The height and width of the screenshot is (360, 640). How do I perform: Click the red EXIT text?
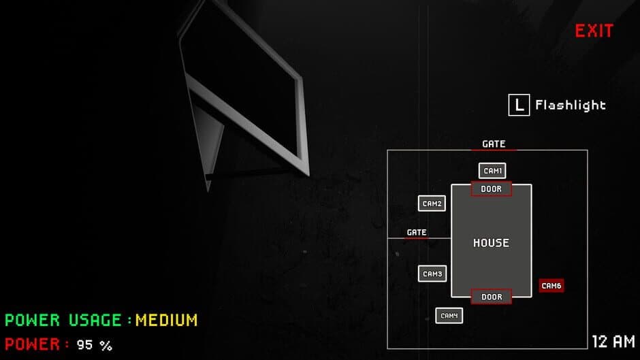(594, 31)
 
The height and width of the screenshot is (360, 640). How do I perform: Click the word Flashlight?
(570, 105)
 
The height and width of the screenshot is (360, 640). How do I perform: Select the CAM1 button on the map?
(492, 171)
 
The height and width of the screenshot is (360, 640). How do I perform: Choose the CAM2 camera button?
(432, 203)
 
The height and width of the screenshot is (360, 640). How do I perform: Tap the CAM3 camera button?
(432, 274)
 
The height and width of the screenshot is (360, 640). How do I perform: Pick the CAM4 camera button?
(449, 316)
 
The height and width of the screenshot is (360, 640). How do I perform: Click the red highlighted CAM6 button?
(551, 286)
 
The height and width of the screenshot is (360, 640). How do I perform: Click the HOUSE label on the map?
(491, 243)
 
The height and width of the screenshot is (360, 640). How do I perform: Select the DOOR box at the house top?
(491, 189)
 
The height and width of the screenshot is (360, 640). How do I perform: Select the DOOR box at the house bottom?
(491, 297)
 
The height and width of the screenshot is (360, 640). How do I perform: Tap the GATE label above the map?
(494, 144)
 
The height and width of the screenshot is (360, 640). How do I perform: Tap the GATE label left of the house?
(416, 232)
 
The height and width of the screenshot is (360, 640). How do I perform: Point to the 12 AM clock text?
(613, 341)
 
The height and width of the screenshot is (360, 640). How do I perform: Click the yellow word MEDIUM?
(166, 319)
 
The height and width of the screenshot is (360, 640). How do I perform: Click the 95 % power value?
(94, 345)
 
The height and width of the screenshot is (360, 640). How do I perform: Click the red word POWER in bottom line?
(33, 344)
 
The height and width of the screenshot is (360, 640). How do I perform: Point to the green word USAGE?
(95, 319)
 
